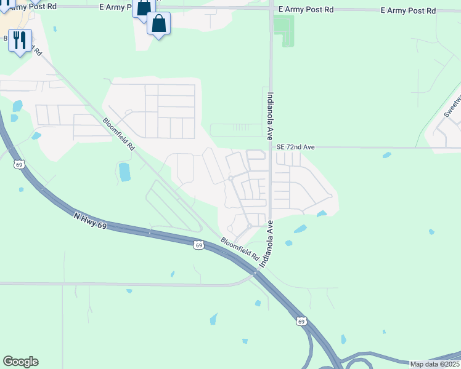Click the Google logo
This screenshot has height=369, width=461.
coord(20,362)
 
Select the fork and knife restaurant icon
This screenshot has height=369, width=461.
coord(20,41)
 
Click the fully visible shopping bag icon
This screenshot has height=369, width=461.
coord(158,24)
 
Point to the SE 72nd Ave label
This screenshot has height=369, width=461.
coord(295,148)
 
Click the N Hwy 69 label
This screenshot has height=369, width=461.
coord(90,221)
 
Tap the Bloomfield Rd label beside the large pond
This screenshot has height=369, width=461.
coord(118,135)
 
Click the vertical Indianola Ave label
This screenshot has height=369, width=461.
coord(269,117)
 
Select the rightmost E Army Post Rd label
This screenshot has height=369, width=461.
coord(408,11)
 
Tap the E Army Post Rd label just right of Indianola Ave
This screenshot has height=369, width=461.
coord(306,10)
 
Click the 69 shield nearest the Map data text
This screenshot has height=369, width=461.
coord(300,321)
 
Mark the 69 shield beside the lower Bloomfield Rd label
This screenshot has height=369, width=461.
coord(198,245)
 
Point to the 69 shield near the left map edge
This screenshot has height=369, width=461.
coord(19,165)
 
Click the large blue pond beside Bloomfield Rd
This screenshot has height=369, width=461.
coord(124,172)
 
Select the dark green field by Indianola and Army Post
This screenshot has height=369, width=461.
coord(284,30)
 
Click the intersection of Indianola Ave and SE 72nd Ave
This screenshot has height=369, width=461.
coord(271,148)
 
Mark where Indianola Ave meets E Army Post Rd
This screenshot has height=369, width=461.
coord(271,9)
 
